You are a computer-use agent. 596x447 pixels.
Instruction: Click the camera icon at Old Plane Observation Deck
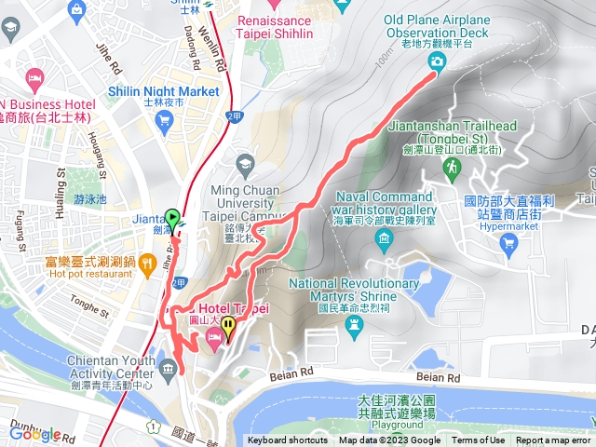[436, 61]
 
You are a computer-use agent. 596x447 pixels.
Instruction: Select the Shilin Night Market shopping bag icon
[166, 119]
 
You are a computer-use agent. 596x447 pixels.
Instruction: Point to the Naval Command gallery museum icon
[384, 242]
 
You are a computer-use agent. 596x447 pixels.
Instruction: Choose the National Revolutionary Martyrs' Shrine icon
[353, 325]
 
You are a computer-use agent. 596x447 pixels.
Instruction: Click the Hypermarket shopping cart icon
[508, 244]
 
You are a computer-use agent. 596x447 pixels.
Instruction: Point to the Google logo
[34, 434]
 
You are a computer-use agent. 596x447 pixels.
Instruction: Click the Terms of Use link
[478, 440]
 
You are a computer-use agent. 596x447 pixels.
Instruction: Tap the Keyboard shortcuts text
[287, 440]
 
